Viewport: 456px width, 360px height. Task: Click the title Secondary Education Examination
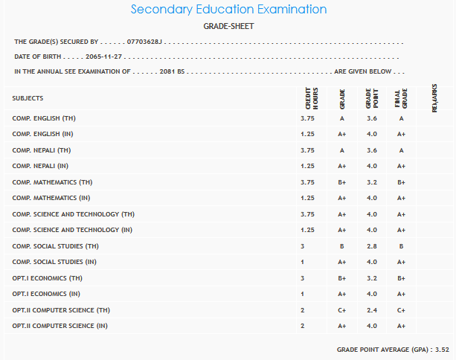228,10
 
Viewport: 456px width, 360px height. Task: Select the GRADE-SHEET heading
228,26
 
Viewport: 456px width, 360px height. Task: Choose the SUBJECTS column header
28,98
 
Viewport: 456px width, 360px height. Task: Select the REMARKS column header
434,97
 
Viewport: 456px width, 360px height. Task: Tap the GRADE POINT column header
370,97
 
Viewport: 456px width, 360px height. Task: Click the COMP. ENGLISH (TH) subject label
44,118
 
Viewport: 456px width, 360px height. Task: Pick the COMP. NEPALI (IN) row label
42,166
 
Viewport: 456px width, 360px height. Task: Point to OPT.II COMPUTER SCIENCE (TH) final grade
400,309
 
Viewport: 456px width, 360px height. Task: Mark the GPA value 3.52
442,349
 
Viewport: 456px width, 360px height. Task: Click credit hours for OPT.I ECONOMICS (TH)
303,277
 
